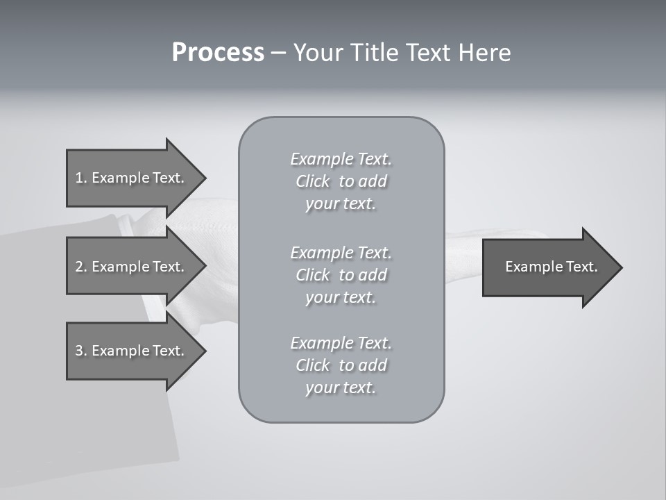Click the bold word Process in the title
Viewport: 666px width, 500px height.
coord(218,53)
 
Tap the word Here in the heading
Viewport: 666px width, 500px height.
coord(485,53)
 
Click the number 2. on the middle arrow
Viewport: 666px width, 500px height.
coord(80,267)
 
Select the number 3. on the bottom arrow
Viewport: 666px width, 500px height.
coord(80,351)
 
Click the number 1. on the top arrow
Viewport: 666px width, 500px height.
coord(80,178)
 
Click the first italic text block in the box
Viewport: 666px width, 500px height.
coord(341,181)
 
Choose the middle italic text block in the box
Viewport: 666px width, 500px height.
coord(341,275)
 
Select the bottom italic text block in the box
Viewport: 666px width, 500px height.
coord(341,365)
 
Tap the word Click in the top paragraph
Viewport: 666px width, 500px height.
coord(313,181)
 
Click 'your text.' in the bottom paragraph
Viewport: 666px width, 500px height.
coord(341,387)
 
